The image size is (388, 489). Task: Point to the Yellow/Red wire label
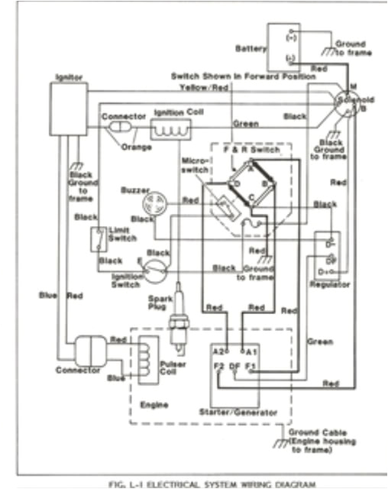(x=204, y=87)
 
